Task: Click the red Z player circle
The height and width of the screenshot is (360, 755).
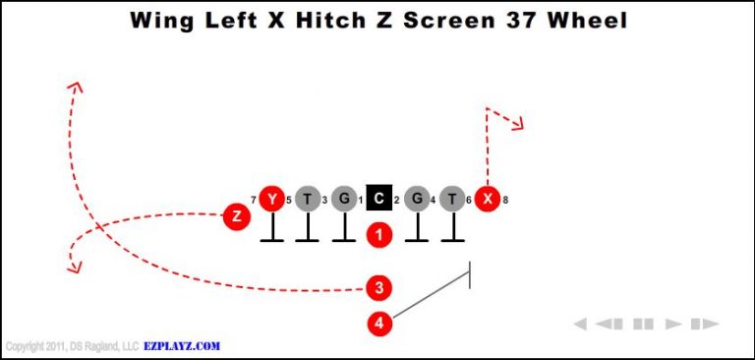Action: [x=236, y=215]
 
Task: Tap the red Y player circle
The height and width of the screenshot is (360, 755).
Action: [x=271, y=200]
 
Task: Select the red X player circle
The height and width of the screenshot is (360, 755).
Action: [x=487, y=200]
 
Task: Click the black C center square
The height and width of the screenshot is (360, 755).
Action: [x=379, y=200]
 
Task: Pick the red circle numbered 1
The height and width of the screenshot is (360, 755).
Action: [x=379, y=235]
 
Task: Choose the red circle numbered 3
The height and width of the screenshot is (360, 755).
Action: [x=379, y=288]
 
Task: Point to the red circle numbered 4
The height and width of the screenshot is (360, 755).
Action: [x=379, y=322]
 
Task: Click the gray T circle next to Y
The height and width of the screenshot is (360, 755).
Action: [x=308, y=200]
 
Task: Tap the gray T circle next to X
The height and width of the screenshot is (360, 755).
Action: [x=451, y=200]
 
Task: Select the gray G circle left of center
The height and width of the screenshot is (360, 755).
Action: [x=343, y=200]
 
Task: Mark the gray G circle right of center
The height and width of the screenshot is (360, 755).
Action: [x=416, y=200]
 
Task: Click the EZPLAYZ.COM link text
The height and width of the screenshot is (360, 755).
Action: [x=182, y=346]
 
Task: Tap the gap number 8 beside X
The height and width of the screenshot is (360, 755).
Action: [x=505, y=201]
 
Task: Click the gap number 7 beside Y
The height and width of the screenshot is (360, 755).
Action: [x=254, y=201]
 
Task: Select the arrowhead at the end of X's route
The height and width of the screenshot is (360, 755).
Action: [x=518, y=123]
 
